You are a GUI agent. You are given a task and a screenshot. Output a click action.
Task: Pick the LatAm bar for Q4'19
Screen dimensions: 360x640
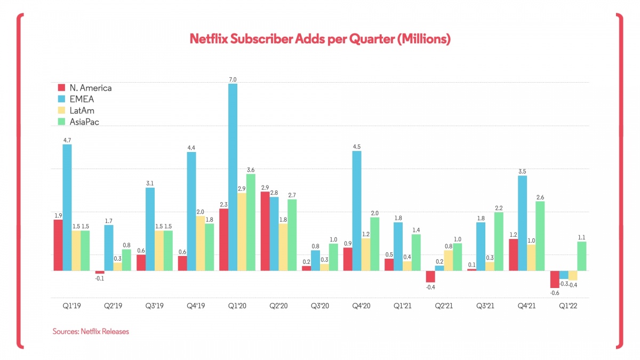[200, 243]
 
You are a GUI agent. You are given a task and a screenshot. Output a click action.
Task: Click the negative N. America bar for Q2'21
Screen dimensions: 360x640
[431, 276]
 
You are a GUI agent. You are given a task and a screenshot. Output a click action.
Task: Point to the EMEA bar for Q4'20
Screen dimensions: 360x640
[357, 211]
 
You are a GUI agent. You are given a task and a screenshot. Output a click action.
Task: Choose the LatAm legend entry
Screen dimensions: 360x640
[77, 110]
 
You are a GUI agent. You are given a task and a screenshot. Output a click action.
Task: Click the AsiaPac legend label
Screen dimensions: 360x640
[84, 122]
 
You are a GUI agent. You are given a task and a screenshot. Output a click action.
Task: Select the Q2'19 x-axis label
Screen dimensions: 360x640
[113, 307]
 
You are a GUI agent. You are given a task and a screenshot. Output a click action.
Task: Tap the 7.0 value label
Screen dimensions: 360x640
[233, 79]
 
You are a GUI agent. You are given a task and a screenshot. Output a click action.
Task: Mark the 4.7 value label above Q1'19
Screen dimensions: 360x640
[67, 140]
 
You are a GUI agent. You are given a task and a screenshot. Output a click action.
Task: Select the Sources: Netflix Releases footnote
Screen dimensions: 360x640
[91, 331]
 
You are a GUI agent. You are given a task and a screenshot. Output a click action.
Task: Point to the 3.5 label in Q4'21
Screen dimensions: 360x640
[523, 171]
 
